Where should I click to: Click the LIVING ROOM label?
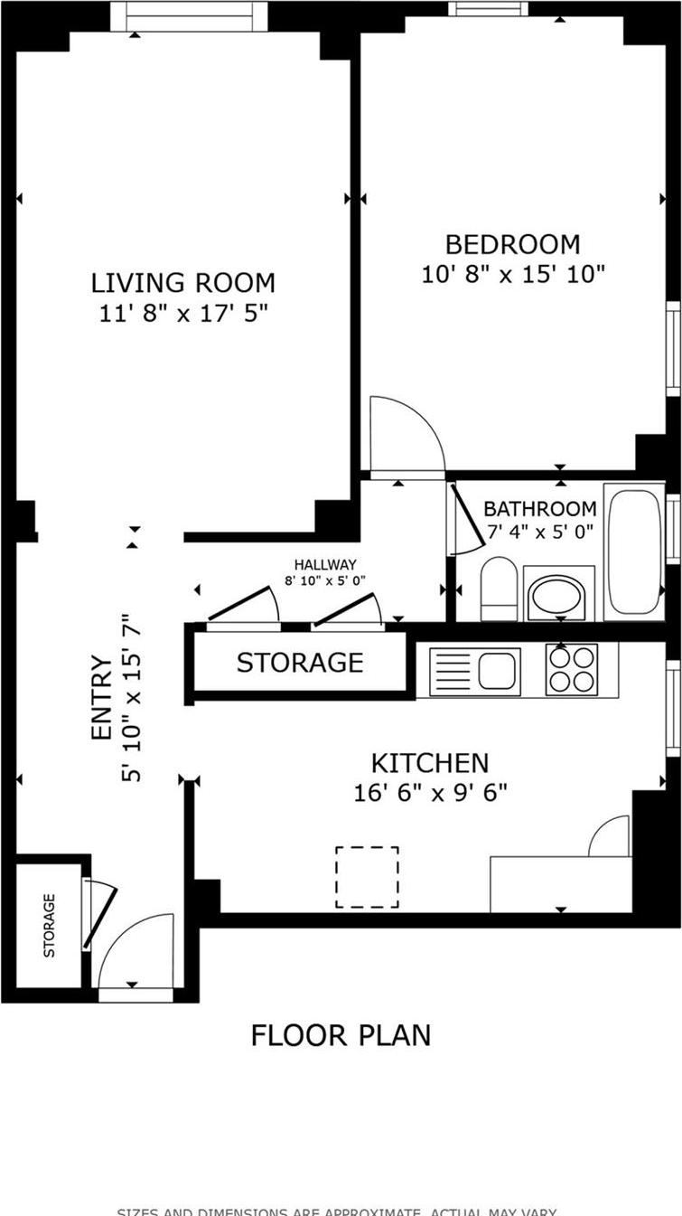[x=182, y=283]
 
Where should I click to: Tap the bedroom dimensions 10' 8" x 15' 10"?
[x=512, y=274]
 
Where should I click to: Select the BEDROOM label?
[x=512, y=244]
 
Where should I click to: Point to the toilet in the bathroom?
[x=498, y=587]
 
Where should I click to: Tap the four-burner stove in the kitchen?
[x=572, y=670]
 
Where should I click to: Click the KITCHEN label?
[x=430, y=763]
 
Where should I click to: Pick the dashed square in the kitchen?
[x=367, y=877]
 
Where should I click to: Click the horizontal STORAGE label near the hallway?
[x=300, y=663]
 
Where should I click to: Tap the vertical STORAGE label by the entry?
[x=50, y=925]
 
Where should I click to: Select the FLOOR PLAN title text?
[x=341, y=1034]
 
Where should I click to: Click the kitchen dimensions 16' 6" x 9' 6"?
[x=430, y=793]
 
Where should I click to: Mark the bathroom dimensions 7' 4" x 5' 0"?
[x=540, y=532]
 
